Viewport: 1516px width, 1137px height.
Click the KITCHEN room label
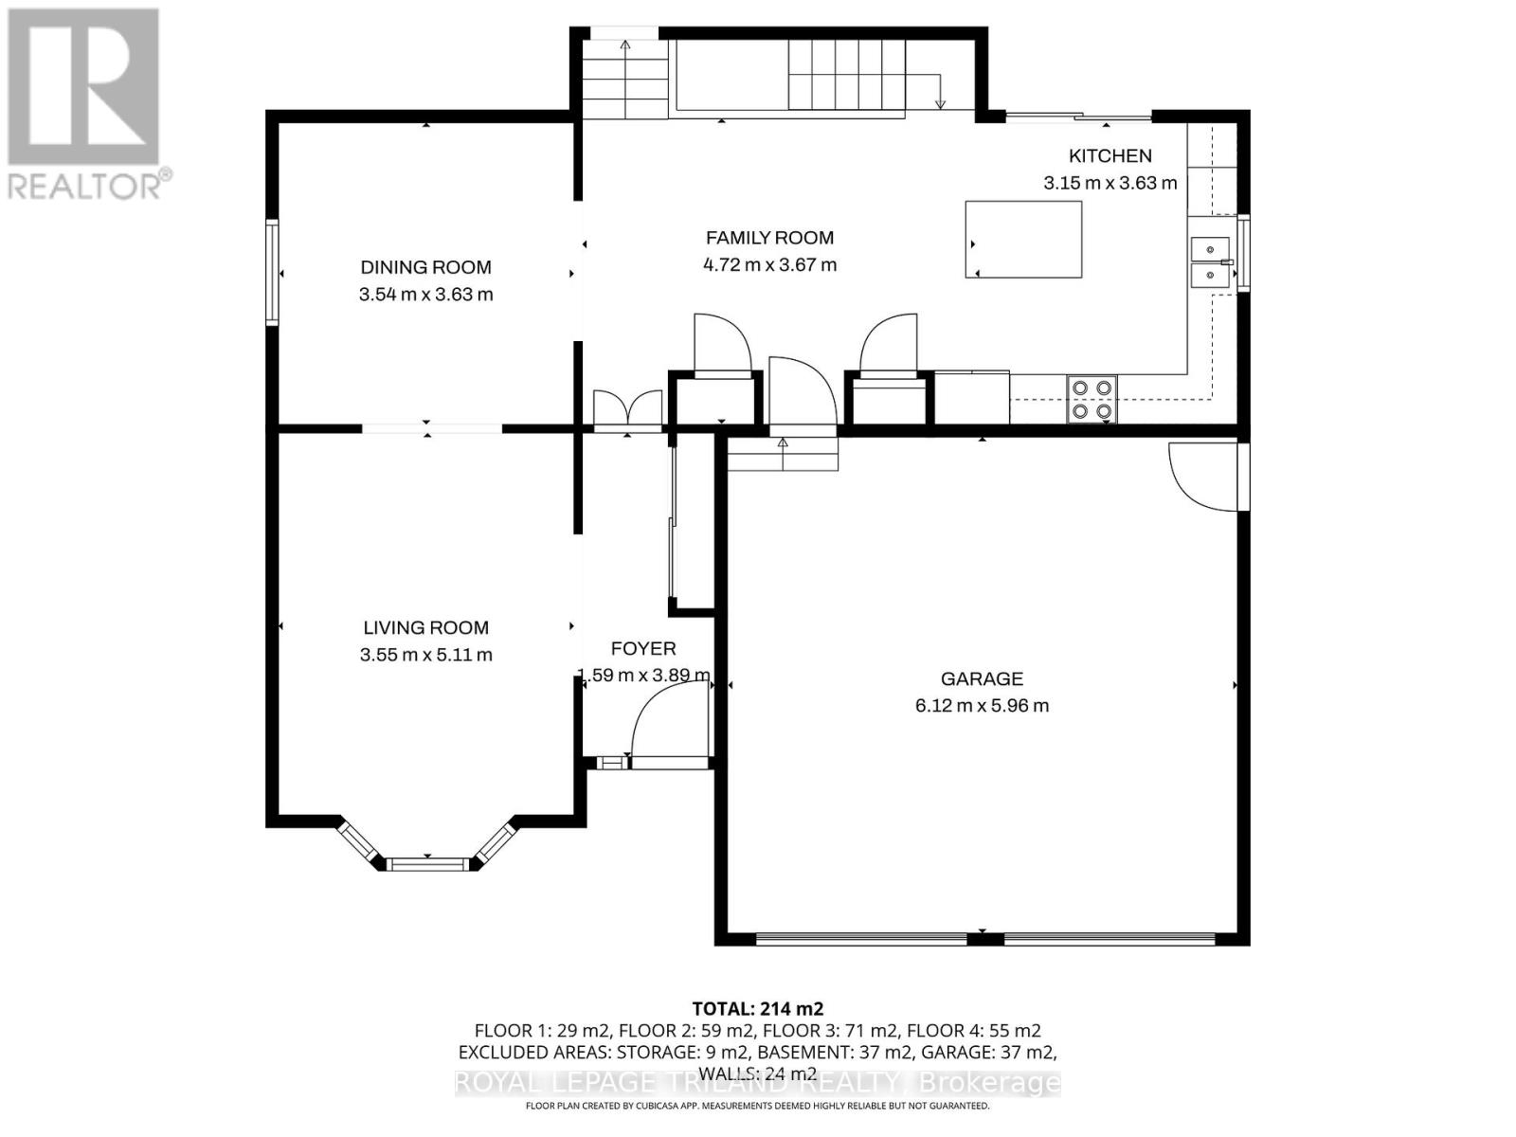[1110, 156]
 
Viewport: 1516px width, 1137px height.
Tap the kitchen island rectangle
[1023, 240]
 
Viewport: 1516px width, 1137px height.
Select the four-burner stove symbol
[1091, 399]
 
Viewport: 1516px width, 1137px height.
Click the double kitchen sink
[1210, 262]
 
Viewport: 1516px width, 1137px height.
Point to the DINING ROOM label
[425, 267]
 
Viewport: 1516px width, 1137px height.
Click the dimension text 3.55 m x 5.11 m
[425, 655]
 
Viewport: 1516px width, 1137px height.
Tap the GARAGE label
[982, 678]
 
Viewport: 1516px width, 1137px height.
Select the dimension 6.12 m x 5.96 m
[982, 706]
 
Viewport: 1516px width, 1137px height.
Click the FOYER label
[643, 649]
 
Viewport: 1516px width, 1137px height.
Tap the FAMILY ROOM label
[769, 239]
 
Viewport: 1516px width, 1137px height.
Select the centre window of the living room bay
[428, 862]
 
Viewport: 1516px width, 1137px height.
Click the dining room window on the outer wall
[273, 273]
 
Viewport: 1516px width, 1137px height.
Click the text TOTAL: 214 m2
[757, 1008]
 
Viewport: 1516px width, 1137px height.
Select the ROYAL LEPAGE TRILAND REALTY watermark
[757, 1082]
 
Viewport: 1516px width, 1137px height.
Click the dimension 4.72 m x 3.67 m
[769, 265]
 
